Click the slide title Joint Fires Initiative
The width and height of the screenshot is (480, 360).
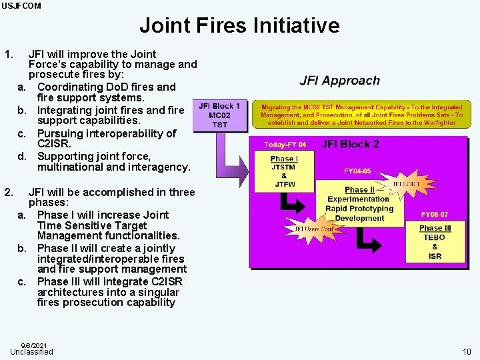pyautogui.click(x=239, y=26)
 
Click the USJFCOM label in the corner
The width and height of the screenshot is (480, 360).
pyautogui.click(x=21, y=6)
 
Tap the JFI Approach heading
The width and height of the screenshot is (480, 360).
pyautogui.click(x=339, y=81)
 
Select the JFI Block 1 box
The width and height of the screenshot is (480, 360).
pyautogui.click(x=219, y=115)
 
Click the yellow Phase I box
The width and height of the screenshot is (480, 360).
pyautogui.click(x=284, y=171)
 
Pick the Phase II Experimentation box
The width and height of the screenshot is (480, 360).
pyautogui.click(x=359, y=204)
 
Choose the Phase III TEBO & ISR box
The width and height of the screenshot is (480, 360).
pyautogui.click(x=435, y=241)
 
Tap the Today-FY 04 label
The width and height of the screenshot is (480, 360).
pyautogui.click(x=285, y=145)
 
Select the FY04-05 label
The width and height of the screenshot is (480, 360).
pyautogui.click(x=357, y=171)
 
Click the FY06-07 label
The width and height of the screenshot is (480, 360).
pyautogui.click(x=434, y=215)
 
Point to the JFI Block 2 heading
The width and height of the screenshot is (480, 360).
pyautogui.click(x=350, y=144)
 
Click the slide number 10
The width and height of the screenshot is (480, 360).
pyautogui.click(x=465, y=351)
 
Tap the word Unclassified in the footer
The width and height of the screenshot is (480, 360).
pyautogui.click(x=31, y=351)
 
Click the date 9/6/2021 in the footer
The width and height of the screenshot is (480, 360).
pyautogui.click(x=34, y=345)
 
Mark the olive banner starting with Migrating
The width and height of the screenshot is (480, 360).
pyautogui.click(x=362, y=115)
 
